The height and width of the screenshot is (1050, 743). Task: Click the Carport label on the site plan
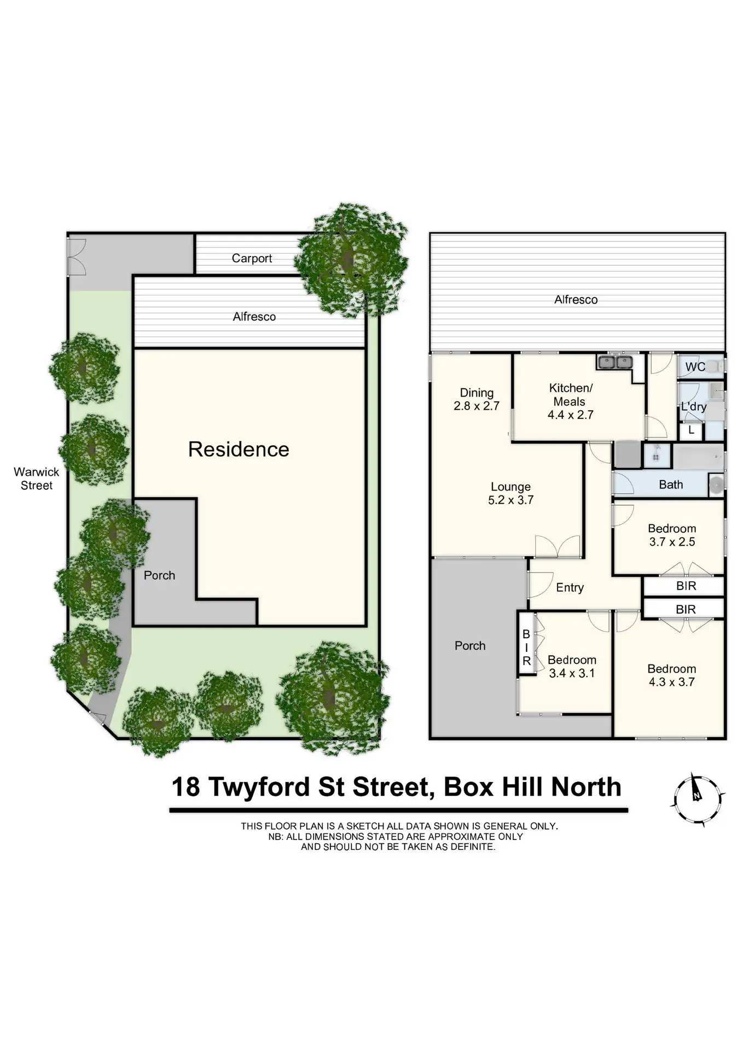click(252, 258)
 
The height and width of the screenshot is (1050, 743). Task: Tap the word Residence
click(239, 449)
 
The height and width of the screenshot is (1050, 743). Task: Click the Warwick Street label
click(36, 479)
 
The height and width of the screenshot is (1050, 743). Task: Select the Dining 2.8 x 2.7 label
click(476, 399)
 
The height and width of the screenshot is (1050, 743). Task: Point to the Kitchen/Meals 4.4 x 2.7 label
click(570, 401)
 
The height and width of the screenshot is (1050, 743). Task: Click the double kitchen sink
click(615, 362)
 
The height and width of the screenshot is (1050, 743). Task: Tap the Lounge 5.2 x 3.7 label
click(510, 493)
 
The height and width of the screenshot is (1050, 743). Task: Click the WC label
click(694, 366)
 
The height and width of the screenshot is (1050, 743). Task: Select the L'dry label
click(693, 406)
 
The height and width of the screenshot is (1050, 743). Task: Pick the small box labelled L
click(691, 430)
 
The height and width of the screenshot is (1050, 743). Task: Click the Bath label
click(671, 485)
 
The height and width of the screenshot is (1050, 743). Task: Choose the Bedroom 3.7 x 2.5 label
click(672, 535)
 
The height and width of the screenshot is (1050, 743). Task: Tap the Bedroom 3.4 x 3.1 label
click(572, 666)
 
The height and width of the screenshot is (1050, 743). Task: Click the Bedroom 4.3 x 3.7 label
click(671, 675)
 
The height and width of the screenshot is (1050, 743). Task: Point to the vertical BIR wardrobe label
click(526, 647)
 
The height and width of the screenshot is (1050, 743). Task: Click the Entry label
click(570, 587)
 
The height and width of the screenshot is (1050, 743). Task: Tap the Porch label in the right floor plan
click(470, 645)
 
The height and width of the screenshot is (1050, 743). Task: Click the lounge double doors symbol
click(557, 546)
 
